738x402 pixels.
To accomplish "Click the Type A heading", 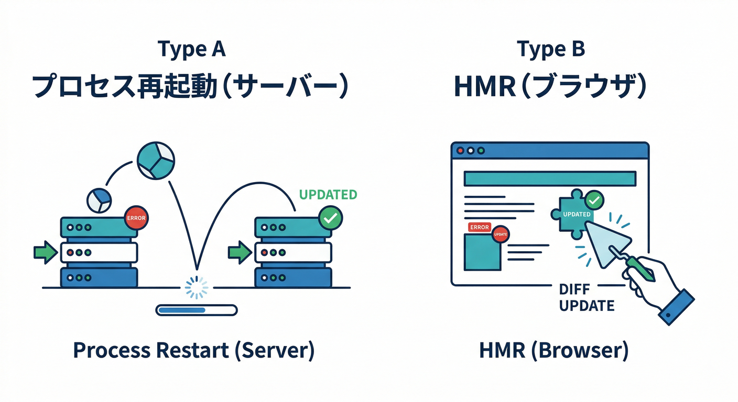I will [x=191, y=49].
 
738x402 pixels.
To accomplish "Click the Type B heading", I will [x=550, y=49].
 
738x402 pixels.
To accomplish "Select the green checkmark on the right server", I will [x=330, y=218].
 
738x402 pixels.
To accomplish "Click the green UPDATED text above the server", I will [x=328, y=195].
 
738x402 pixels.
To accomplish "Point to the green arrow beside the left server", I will [x=45, y=252].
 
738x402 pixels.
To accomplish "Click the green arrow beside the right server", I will [x=240, y=252].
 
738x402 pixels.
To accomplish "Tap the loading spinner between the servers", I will [x=197, y=287].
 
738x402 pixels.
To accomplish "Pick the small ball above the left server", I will [x=99, y=200].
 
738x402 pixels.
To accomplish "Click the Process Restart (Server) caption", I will [x=193, y=350].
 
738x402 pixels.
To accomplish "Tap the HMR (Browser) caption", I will [x=553, y=350].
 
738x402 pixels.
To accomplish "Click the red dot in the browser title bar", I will [x=461, y=150].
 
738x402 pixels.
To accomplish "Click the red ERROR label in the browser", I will [x=479, y=227].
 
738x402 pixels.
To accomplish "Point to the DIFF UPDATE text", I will [x=586, y=297].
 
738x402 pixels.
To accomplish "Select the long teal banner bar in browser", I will [x=550, y=178].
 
